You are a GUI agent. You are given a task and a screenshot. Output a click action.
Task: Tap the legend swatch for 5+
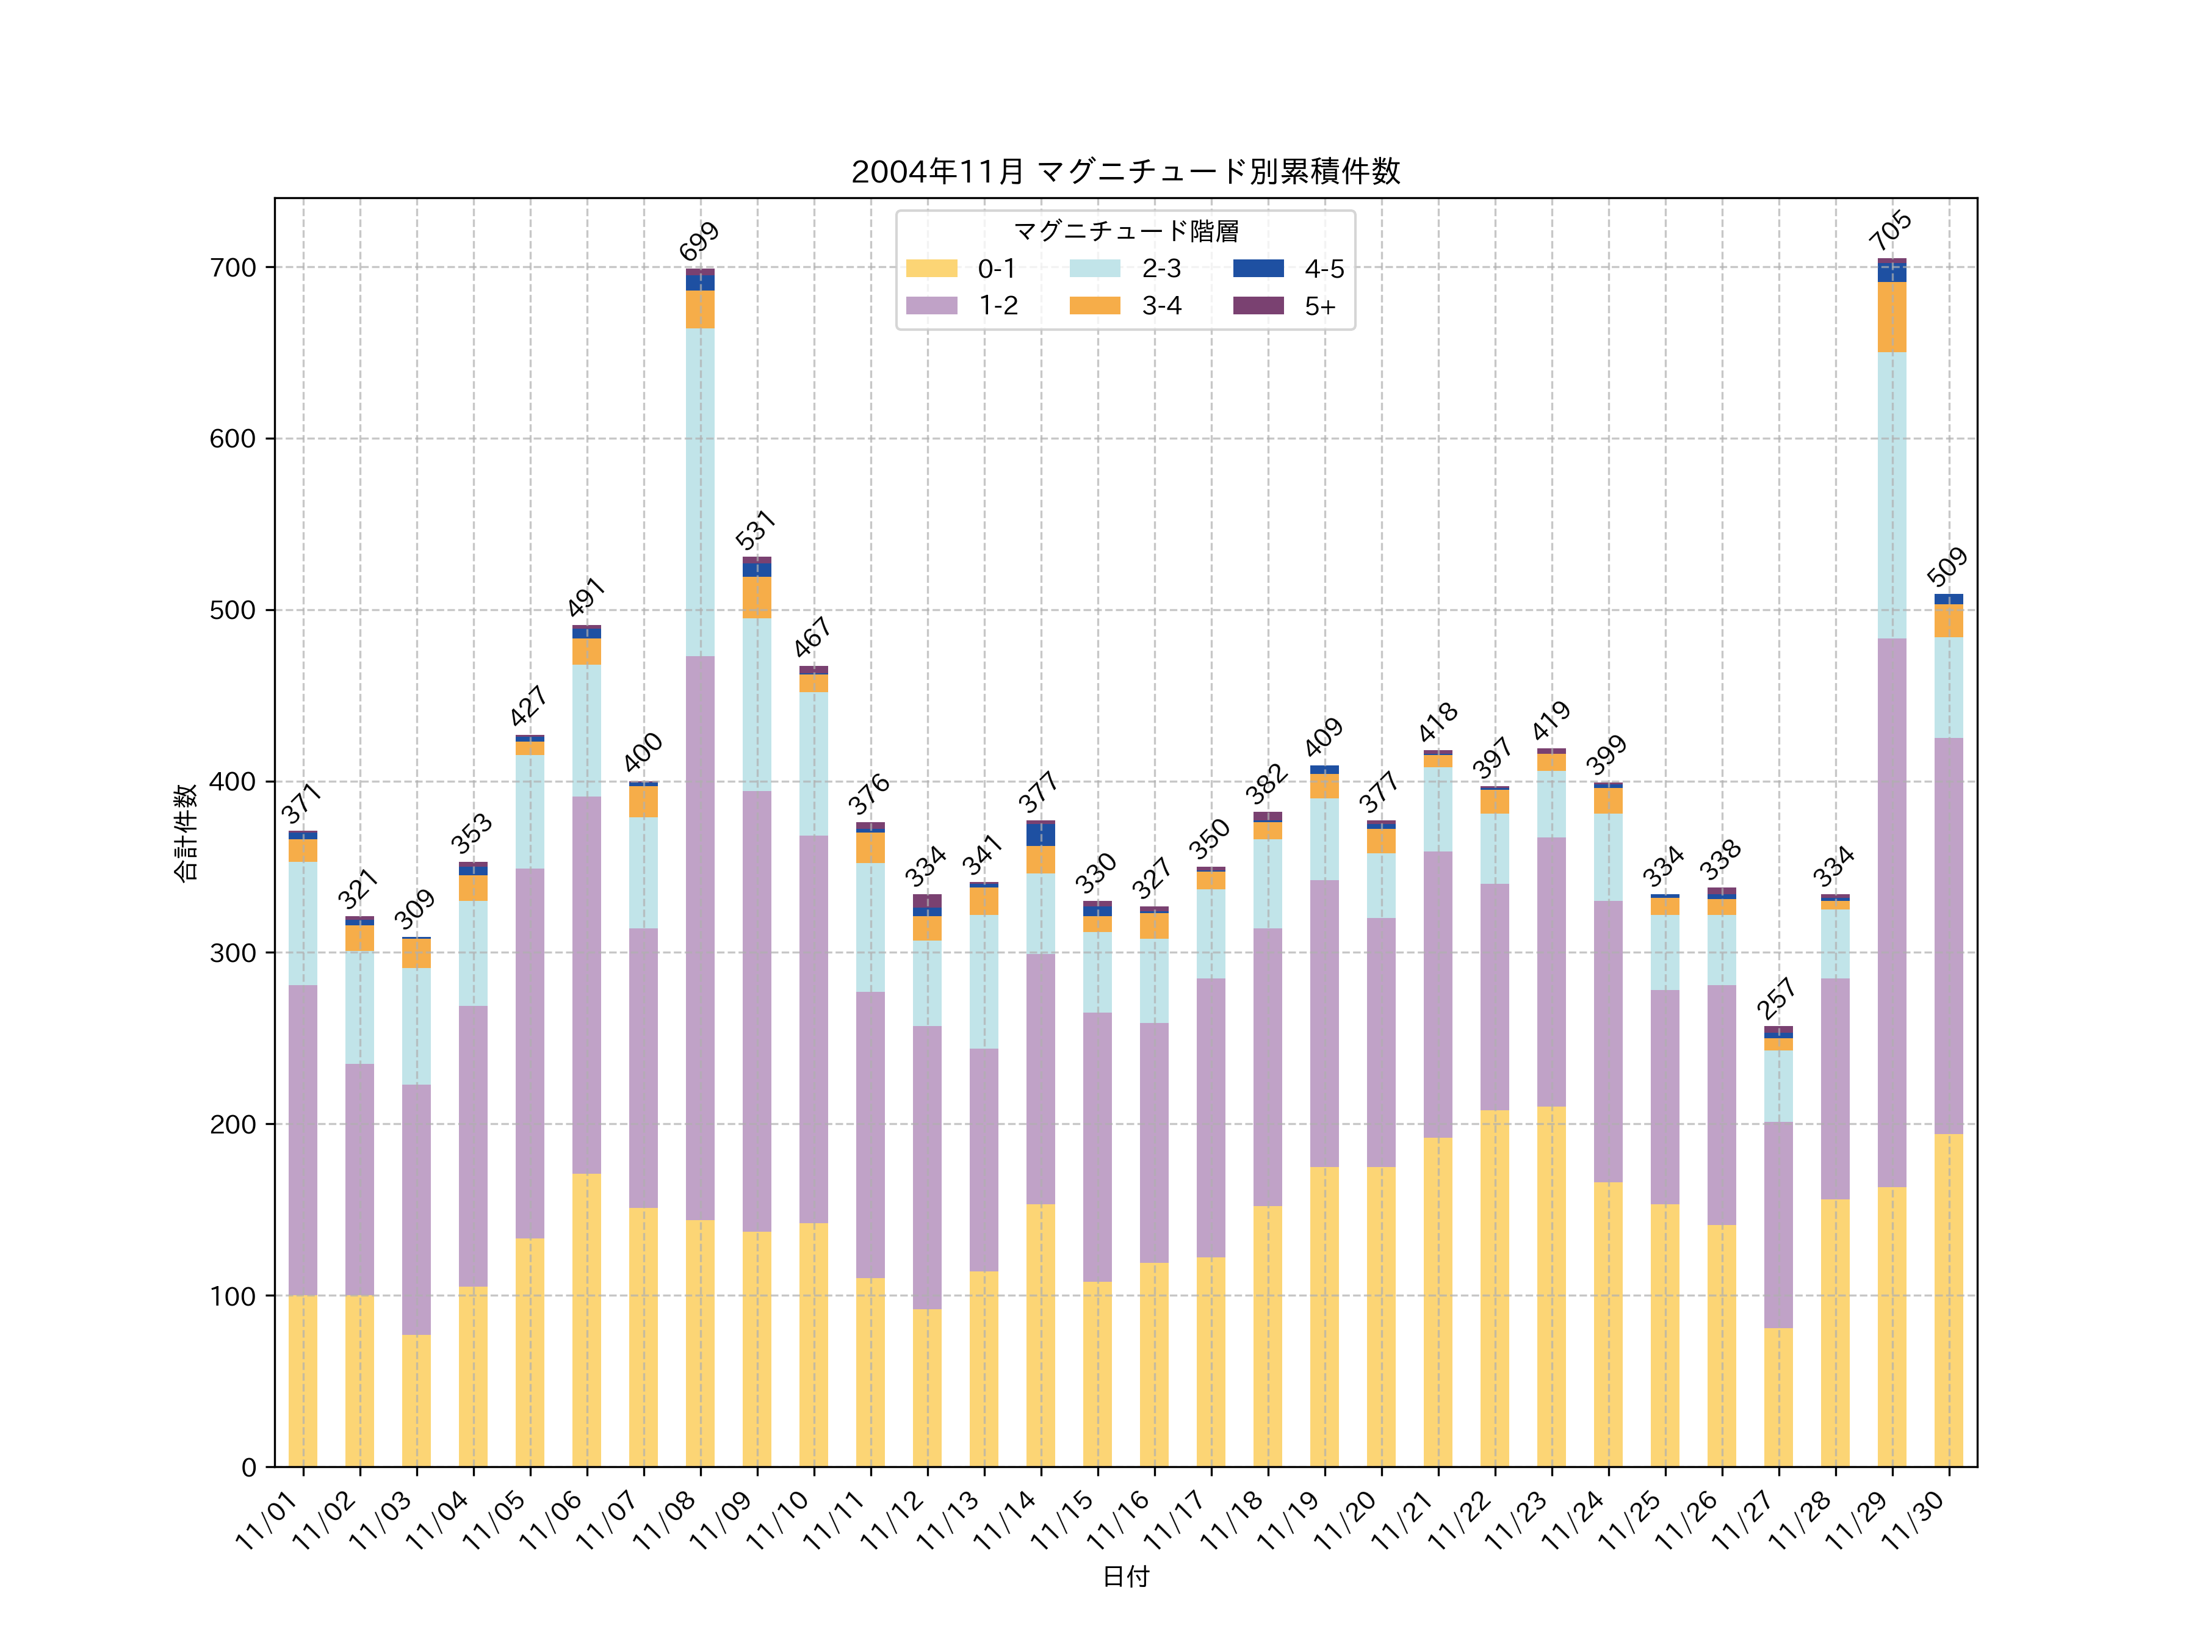(1258, 306)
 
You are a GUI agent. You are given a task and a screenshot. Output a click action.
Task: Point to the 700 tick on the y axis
(233, 268)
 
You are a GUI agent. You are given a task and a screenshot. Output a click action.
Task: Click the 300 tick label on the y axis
(233, 953)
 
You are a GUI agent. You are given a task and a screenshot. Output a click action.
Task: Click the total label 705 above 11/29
(1890, 231)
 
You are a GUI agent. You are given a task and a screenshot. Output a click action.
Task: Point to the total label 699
(699, 241)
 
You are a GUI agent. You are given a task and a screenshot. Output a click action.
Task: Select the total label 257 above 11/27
(1777, 999)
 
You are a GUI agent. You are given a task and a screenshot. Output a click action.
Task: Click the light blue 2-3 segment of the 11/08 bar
(700, 492)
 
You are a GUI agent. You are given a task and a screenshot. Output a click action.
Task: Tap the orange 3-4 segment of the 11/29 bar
(1892, 317)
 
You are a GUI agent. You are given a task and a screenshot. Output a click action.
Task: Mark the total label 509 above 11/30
(1947, 566)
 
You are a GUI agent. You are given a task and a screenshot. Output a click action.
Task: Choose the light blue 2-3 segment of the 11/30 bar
(1949, 687)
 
